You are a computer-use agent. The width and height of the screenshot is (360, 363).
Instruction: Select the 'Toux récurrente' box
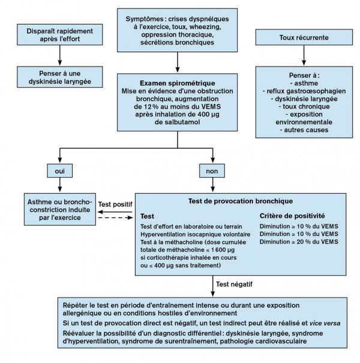click(304, 38)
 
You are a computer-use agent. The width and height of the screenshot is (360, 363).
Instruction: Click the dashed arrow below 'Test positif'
click(115, 220)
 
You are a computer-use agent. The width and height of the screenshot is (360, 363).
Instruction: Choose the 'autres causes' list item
click(304, 129)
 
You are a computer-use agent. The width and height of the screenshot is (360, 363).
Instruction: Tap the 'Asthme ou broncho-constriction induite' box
click(61, 209)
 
